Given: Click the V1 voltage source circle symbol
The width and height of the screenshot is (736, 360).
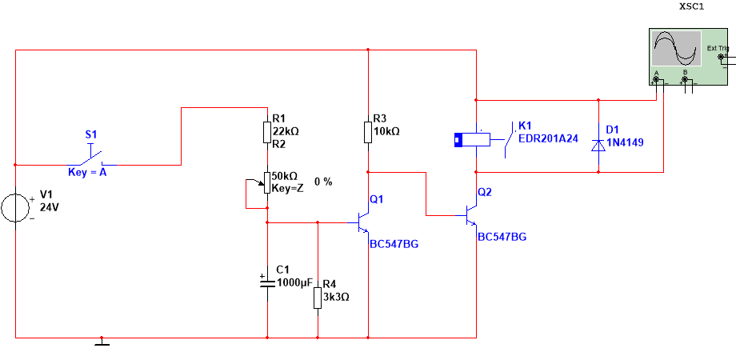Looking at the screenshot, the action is pos(15,207).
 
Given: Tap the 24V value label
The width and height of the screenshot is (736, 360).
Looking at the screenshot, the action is pos(50,207).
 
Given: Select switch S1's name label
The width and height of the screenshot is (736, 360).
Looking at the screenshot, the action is pos(91,134).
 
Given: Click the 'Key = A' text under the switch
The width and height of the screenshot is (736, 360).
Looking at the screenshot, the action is pos(88,172).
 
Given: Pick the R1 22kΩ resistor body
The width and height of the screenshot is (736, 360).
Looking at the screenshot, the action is pos(267,132).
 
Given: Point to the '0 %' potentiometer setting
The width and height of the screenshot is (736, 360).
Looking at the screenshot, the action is pos(323,182).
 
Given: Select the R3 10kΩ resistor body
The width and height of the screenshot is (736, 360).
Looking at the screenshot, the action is pos(368,132).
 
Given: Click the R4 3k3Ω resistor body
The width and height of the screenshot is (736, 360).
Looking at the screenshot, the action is pos(318,298).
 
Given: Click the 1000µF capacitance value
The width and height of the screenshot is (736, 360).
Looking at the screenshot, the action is pos(294,282).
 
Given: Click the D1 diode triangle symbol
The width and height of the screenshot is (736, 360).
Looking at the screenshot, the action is pos(598,146).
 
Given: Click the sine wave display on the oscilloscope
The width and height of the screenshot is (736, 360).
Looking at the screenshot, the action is pos(676,48).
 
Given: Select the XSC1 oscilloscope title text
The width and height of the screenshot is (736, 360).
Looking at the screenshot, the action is pos(692,6).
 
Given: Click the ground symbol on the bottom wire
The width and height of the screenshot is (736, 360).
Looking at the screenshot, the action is pos(102,342).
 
